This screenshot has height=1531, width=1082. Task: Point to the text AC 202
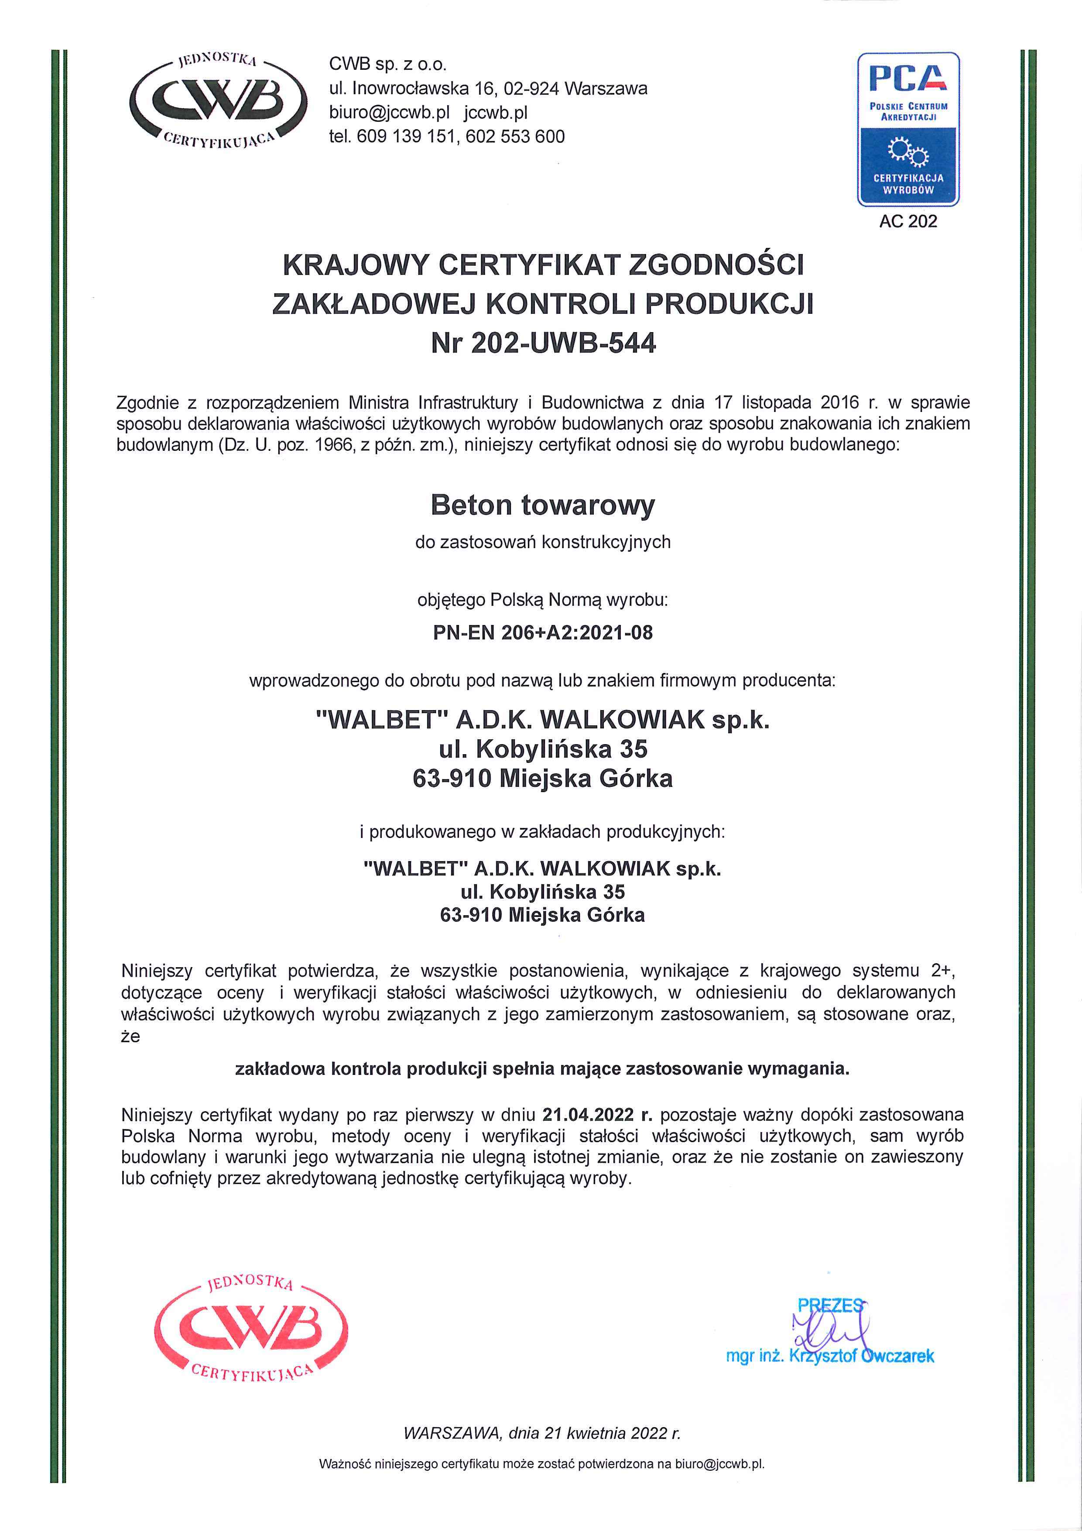pyautogui.click(x=908, y=221)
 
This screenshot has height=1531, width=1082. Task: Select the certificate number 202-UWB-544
pyautogui.click(x=563, y=343)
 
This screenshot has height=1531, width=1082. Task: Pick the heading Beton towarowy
pyautogui.click(x=543, y=505)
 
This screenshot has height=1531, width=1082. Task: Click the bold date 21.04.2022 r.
pyautogui.click(x=597, y=1114)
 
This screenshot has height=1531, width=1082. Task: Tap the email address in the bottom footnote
pyautogui.click(x=719, y=1464)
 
